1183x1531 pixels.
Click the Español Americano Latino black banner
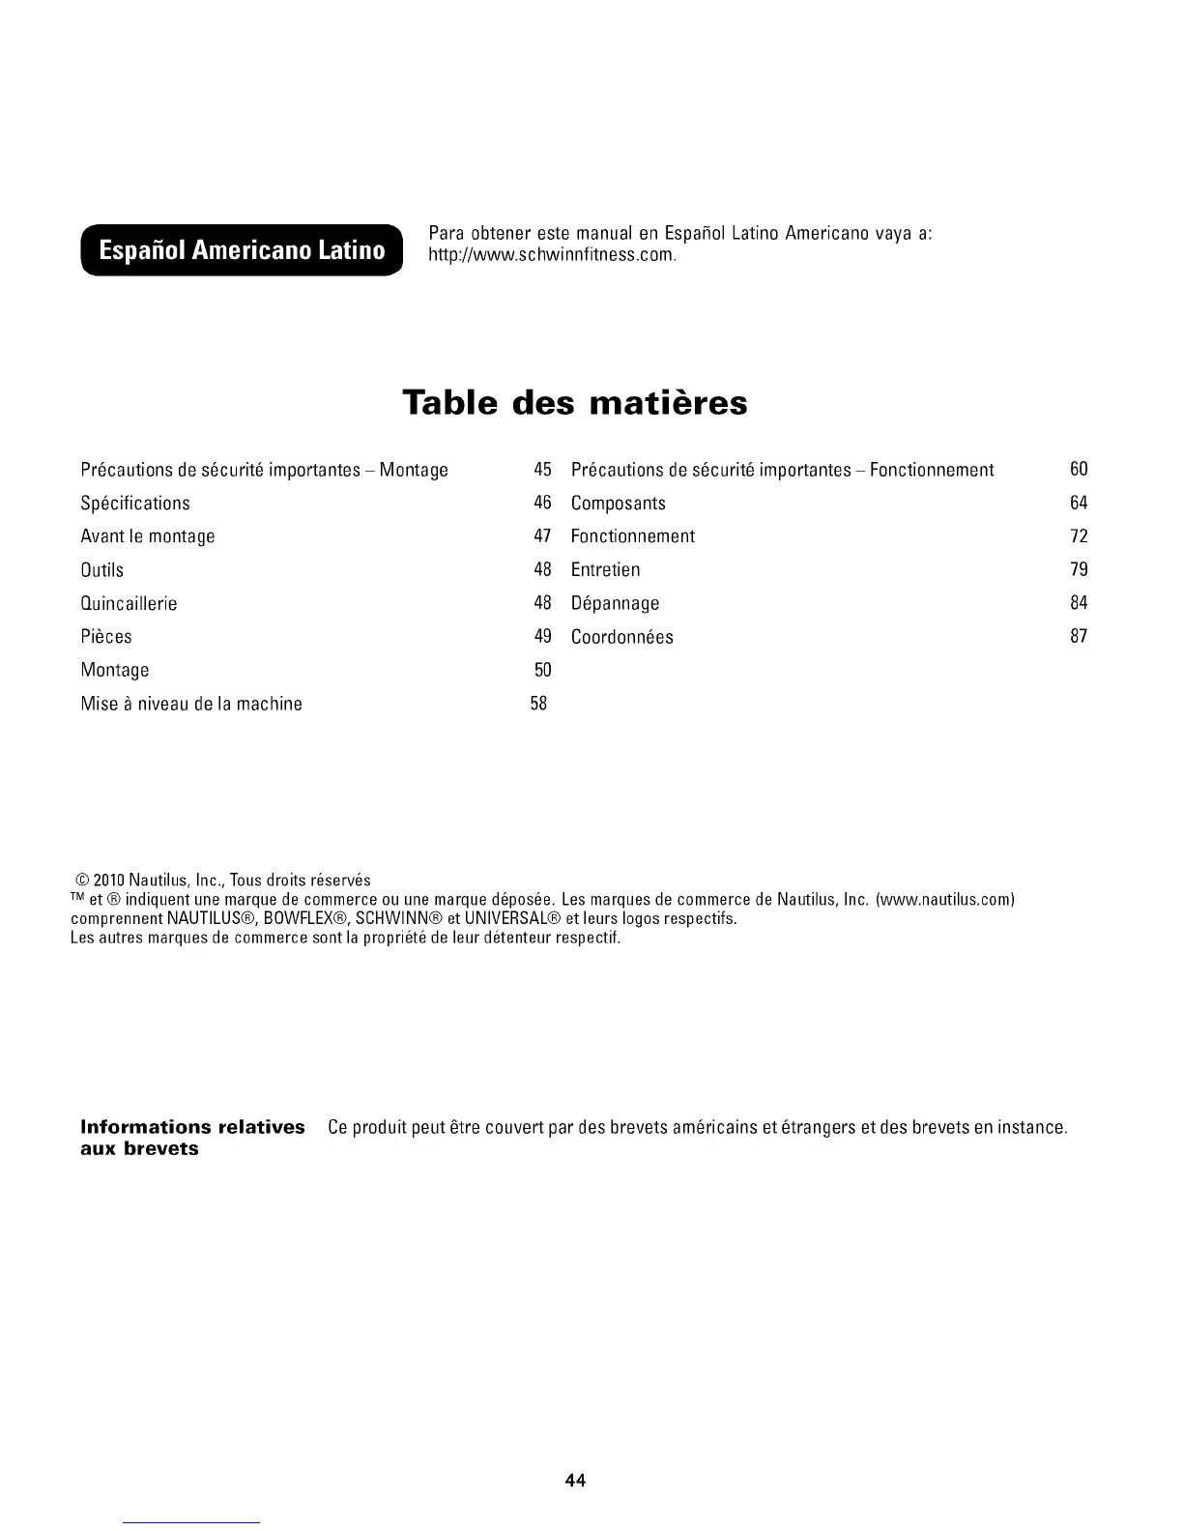(x=242, y=250)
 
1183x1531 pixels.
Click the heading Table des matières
(x=575, y=402)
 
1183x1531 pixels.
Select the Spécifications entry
(x=135, y=503)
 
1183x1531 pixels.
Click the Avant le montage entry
(x=148, y=536)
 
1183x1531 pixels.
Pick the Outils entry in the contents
(x=102, y=570)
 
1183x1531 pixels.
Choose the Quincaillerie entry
(x=130, y=603)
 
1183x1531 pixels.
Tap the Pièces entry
(x=106, y=637)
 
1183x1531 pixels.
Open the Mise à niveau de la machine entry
(x=191, y=704)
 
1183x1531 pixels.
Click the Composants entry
(x=619, y=503)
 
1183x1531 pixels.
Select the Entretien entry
(x=606, y=570)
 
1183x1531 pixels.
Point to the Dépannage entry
(x=616, y=603)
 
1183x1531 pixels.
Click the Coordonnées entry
(x=622, y=637)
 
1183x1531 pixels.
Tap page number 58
(x=539, y=704)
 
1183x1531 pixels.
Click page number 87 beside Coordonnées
(x=1079, y=636)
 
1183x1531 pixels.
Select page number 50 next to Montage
(x=542, y=670)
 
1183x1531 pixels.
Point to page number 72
(x=1079, y=535)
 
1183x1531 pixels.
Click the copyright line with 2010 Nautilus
(x=222, y=881)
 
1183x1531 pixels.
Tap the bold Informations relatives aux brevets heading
(x=192, y=1138)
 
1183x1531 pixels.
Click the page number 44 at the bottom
(x=576, y=1480)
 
